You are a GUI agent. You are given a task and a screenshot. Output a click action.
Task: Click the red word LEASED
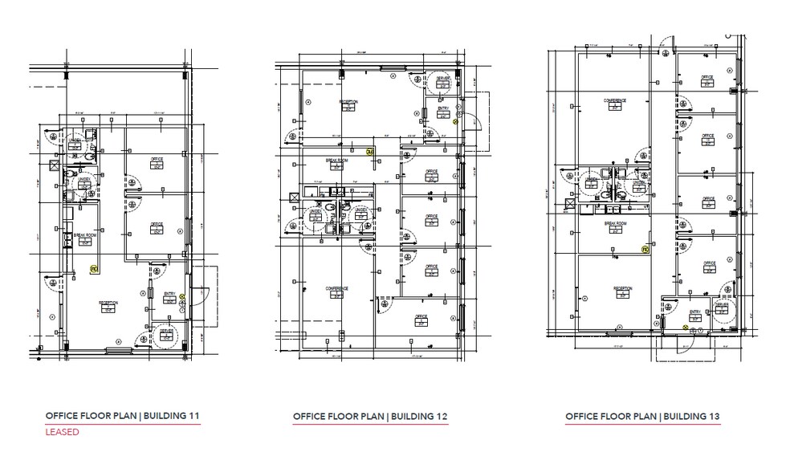62,433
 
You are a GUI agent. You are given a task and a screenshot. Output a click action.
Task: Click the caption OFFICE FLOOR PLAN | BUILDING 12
370,417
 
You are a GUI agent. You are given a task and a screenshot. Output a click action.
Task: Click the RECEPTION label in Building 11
108,303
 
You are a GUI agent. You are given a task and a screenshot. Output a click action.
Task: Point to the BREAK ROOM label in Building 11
79,235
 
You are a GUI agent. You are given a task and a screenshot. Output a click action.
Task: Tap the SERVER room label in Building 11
166,331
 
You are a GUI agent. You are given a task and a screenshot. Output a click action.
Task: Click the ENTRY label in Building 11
169,295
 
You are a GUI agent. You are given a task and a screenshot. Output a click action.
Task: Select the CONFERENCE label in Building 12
336,288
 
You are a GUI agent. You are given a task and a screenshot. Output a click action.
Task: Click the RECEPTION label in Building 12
348,102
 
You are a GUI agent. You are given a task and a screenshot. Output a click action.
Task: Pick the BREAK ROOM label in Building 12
336,160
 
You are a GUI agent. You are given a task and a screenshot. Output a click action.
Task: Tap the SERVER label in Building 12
442,79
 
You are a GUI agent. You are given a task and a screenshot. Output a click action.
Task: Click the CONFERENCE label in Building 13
615,100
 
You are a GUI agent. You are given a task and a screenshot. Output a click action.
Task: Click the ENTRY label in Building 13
695,311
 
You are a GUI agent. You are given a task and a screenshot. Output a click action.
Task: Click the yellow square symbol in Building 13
644,249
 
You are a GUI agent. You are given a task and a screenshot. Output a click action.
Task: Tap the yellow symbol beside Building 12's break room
370,151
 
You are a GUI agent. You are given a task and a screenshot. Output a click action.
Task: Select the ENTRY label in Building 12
442,108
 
